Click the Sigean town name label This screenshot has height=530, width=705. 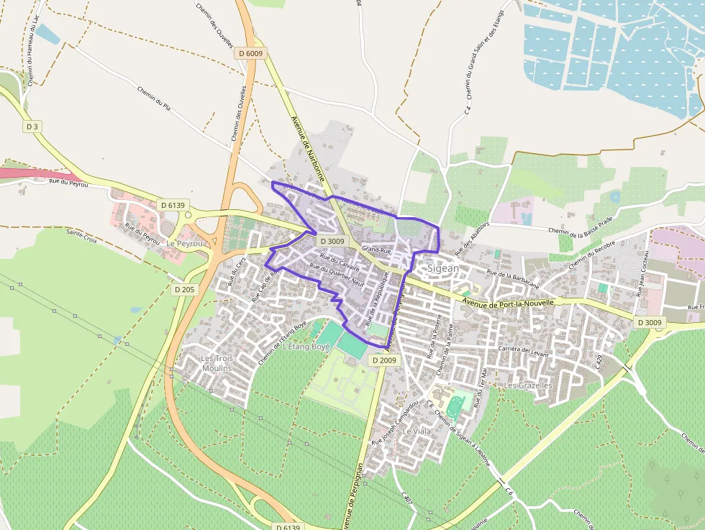pyautogui.click(x=442, y=268)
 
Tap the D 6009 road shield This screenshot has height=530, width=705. pyautogui.click(x=250, y=53)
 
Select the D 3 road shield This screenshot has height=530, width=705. pyautogui.click(x=32, y=127)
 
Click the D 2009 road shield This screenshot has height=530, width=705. pyautogui.click(x=384, y=360)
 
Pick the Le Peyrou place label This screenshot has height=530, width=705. pyautogui.click(x=185, y=244)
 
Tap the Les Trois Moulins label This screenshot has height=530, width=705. pyautogui.click(x=216, y=363)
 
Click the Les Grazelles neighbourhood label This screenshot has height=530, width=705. pyautogui.click(x=528, y=385)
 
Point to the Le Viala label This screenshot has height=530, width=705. pyautogui.click(x=417, y=431)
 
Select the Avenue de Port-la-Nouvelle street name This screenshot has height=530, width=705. pyautogui.click(x=509, y=303)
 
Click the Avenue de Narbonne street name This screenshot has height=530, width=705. pyautogui.click(x=309, y=148)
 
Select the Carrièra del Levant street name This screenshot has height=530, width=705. pyautogui.click(x=524, y=350)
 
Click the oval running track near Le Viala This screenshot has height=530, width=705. pyautogui.click(x=455, y=406)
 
